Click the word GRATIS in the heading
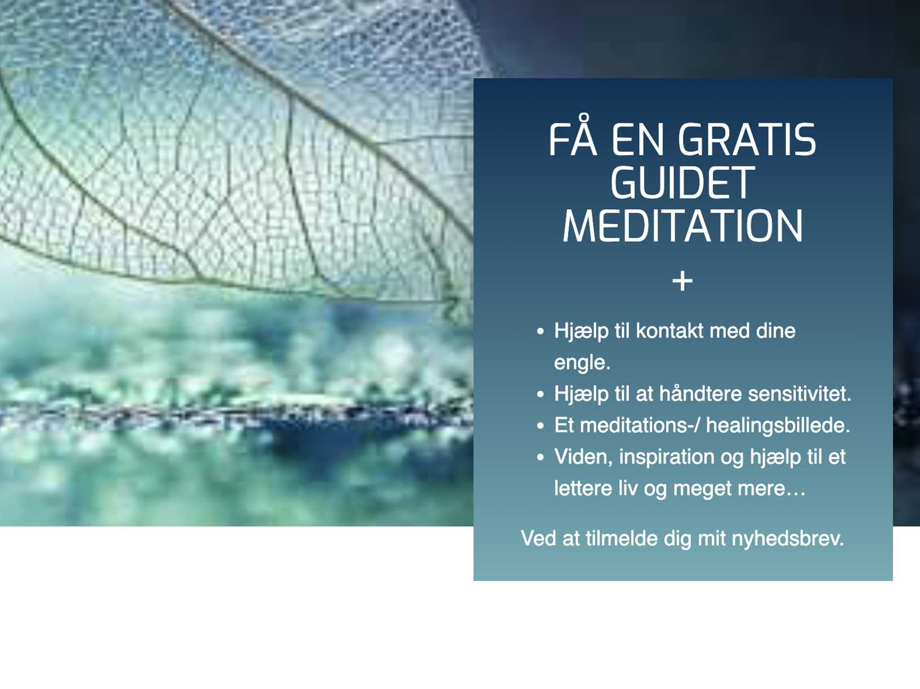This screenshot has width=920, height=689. (x=747, y=139)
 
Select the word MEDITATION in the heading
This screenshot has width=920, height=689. (x=682, y=226)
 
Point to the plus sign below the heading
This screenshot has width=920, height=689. (x=682, y=281)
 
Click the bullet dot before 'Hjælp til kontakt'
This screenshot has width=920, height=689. (x=541, y=331)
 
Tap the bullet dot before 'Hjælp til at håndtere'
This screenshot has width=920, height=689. (x=541, y=394)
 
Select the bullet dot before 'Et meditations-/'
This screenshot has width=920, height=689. (x=541, y=426)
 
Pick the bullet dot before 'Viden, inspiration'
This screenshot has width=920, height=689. (x=541, y=457)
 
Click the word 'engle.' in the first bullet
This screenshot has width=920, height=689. (x=582, y=363)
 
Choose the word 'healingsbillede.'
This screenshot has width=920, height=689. (x=778, y=425)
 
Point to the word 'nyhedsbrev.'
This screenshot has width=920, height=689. (x=788, y=538)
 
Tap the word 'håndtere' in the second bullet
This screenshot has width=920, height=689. (x=701, y=394)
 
